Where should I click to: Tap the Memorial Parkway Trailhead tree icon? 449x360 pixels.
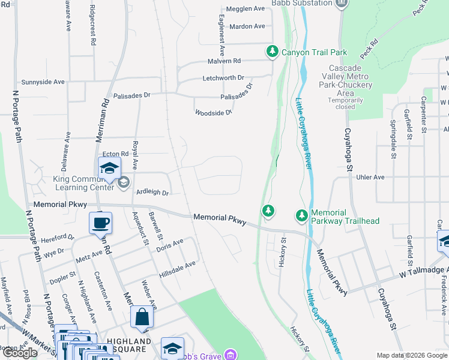[301, 215]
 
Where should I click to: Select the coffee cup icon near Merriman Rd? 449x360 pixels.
[100, 223]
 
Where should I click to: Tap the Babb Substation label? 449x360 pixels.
[301, 3]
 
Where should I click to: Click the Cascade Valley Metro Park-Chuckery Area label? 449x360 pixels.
[345, 81]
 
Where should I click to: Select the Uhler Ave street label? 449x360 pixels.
[370, 178]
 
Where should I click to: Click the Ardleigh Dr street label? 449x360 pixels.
[152, 193]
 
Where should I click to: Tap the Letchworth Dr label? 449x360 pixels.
[223, 78]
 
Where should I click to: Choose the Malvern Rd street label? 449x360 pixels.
[224, 61]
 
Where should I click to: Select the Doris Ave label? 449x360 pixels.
[170, 245]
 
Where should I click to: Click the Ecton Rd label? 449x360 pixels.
[116, 154]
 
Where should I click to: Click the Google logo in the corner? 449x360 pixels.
[20, 353]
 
